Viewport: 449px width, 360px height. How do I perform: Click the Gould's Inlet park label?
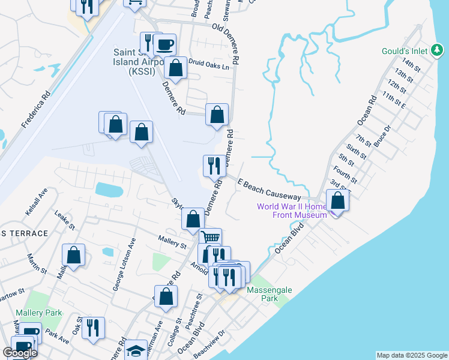tap(405, 51)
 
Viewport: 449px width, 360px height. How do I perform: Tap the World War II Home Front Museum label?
tap(292, 211)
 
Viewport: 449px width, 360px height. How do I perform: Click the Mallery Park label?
tap(45, 313)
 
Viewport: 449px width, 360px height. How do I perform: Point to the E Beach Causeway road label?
tap(269, 189)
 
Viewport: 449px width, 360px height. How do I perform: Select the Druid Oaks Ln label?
tap(210, 65)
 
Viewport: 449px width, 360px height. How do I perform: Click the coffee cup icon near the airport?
tap(164, 44)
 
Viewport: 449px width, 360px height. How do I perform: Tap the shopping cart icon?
tap(210, 238)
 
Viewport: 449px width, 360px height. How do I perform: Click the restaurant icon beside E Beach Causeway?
tap(214, 165)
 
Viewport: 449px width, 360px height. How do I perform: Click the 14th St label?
tap(412, 63)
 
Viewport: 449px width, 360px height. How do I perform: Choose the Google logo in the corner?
tap(20, 353)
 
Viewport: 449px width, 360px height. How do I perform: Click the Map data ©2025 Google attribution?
tap(411, 355)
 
